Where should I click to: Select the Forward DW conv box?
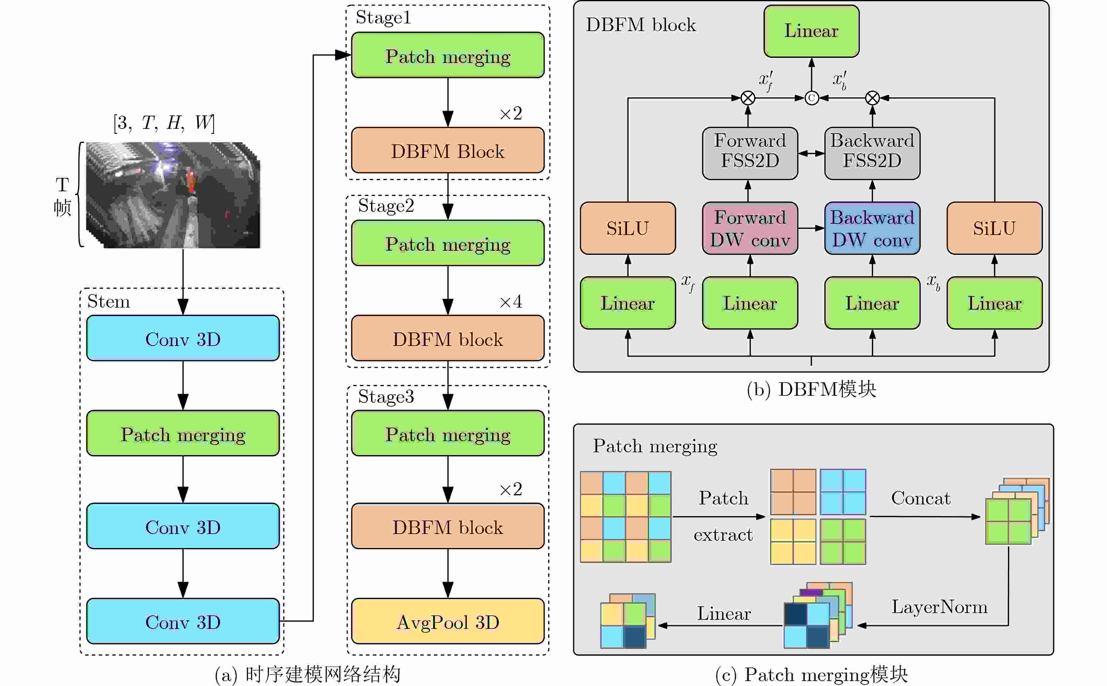750,228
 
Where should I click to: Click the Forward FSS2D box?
750,153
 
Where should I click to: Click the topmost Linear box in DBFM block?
811,31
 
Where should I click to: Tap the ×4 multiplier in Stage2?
511,301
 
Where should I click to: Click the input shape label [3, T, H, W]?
164,122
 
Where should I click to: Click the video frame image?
173,195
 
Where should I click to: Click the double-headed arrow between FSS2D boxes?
811,153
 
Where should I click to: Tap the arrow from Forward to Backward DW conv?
811,228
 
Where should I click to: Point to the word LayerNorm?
939,607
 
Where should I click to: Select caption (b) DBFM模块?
811,389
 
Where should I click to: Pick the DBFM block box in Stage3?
447,526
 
